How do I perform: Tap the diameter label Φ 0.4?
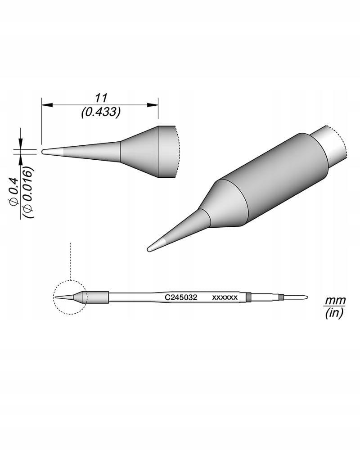[14, 192]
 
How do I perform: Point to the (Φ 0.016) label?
[28, 193]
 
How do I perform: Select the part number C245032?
[180, 297]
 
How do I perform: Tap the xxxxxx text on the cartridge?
[225, 297]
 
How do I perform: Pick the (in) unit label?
[334, 314]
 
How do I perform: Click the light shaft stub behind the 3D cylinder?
[331, 146]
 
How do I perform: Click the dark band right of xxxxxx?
[248, 297]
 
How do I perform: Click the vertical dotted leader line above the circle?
[71, 261]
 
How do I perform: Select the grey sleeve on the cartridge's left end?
[97, 297]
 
